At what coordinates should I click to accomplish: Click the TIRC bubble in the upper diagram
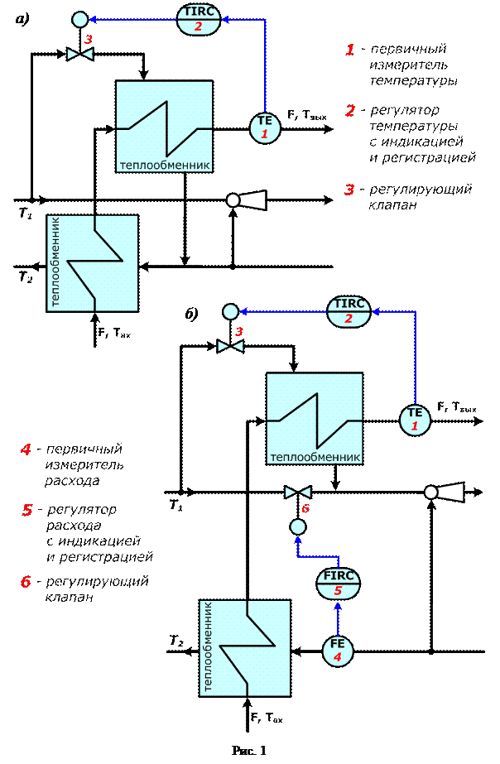coord(199,18)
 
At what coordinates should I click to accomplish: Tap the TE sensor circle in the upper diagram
coord(265,126)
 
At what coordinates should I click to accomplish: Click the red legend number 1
coord(350,50)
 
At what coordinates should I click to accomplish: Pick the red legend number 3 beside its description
coord(350,190)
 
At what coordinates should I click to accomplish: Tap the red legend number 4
coord(26,450)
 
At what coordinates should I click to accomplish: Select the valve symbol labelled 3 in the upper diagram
coord(79,55)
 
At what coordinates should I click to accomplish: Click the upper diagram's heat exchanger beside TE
coord(165,126)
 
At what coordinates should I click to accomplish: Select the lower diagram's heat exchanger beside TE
coord(315,419)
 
